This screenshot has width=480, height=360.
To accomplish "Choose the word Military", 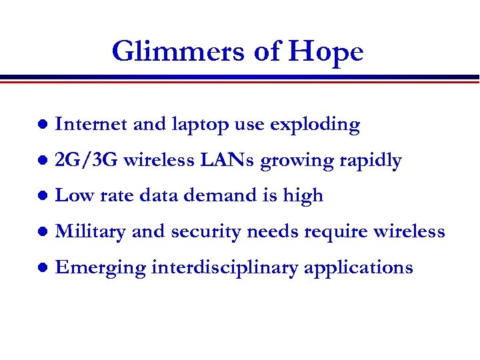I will click(x=91, y=232).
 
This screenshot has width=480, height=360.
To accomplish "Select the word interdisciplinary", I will click(x=225, y=268).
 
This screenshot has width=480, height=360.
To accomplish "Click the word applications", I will click(x=359, y=268).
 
